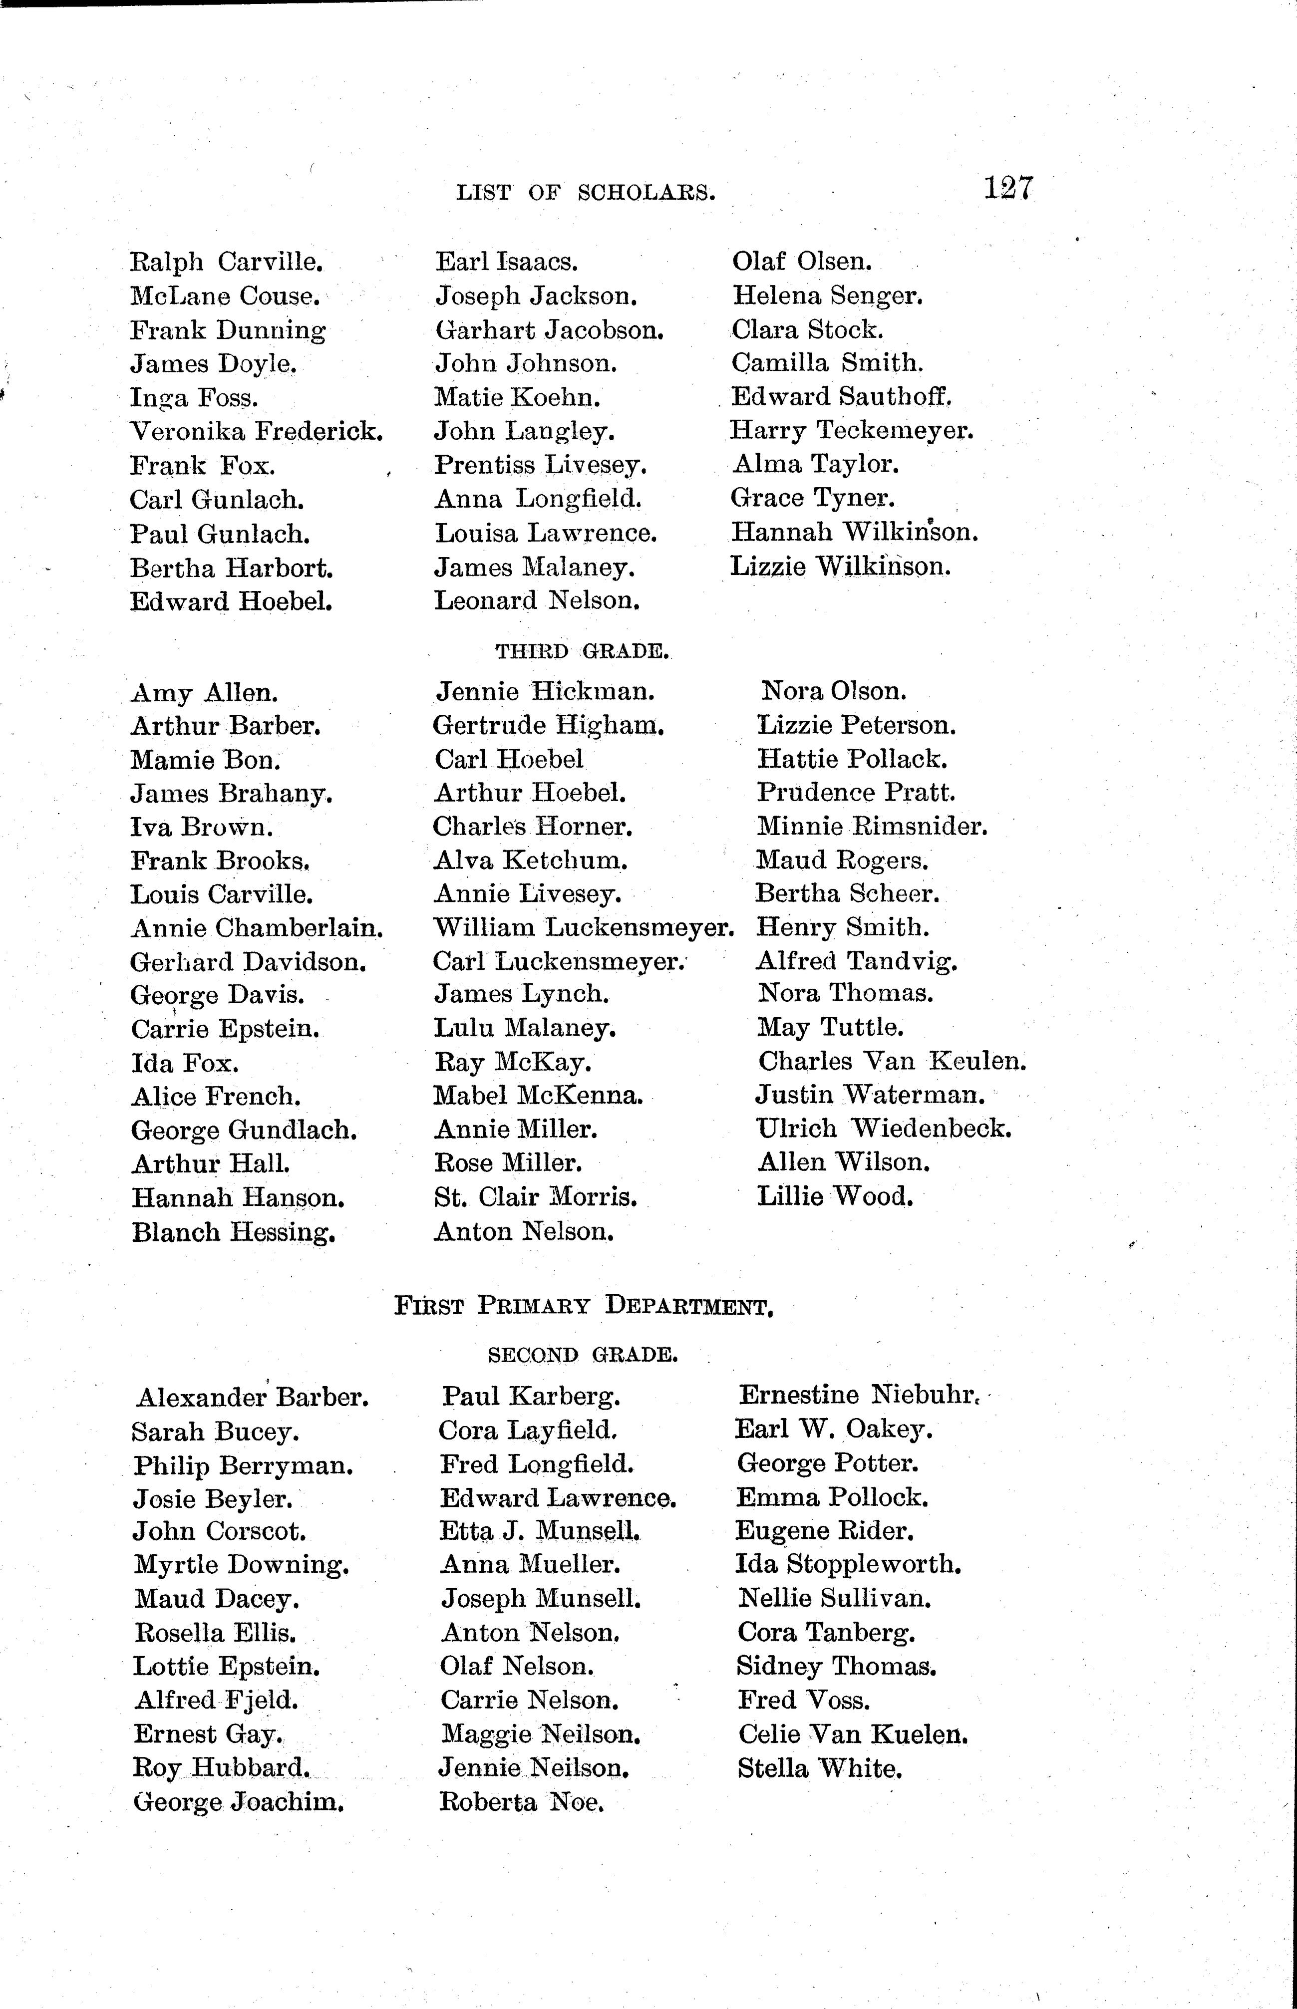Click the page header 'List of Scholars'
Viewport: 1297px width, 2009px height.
coord(585,193)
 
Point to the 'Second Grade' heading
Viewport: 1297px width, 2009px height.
coord(583,1355)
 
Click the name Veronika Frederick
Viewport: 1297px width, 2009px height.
coord(257,432)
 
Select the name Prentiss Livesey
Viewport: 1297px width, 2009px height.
coord(540,465)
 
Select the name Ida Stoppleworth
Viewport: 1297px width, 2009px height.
coord(848,1564)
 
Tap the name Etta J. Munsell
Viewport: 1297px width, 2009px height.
coord(539,1531)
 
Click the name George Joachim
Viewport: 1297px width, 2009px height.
coord(238,1803)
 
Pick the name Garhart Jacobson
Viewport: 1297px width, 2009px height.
coord(549,330)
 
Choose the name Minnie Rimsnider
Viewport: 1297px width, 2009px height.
coord(872,826)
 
